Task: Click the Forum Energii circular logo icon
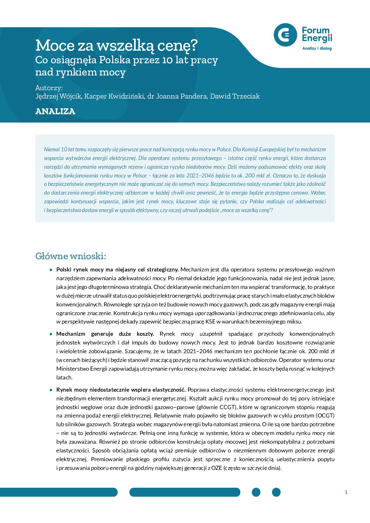click(x=285, y=35)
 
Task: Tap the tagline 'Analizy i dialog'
click(x=317, y=48)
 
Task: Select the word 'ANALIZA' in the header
click(x=55, y=111)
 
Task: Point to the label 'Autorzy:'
click(x=49, y=88)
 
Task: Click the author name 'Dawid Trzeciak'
click(x=235, y=96)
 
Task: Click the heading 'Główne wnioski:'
click(x=71, y=256)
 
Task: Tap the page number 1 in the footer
click(x=346, y=492)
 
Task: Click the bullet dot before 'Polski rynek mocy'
click(x=51, y=270)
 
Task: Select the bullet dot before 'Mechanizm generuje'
click(x=51, y=334)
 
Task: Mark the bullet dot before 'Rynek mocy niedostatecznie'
click(x=51, y=390)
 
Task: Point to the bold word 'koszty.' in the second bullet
click(x=145, y=334)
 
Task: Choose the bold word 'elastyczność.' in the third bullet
click(x=169, y=390)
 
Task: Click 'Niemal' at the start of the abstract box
click(x=52, y=150)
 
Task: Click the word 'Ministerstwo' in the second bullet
click(x=72, y=369)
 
